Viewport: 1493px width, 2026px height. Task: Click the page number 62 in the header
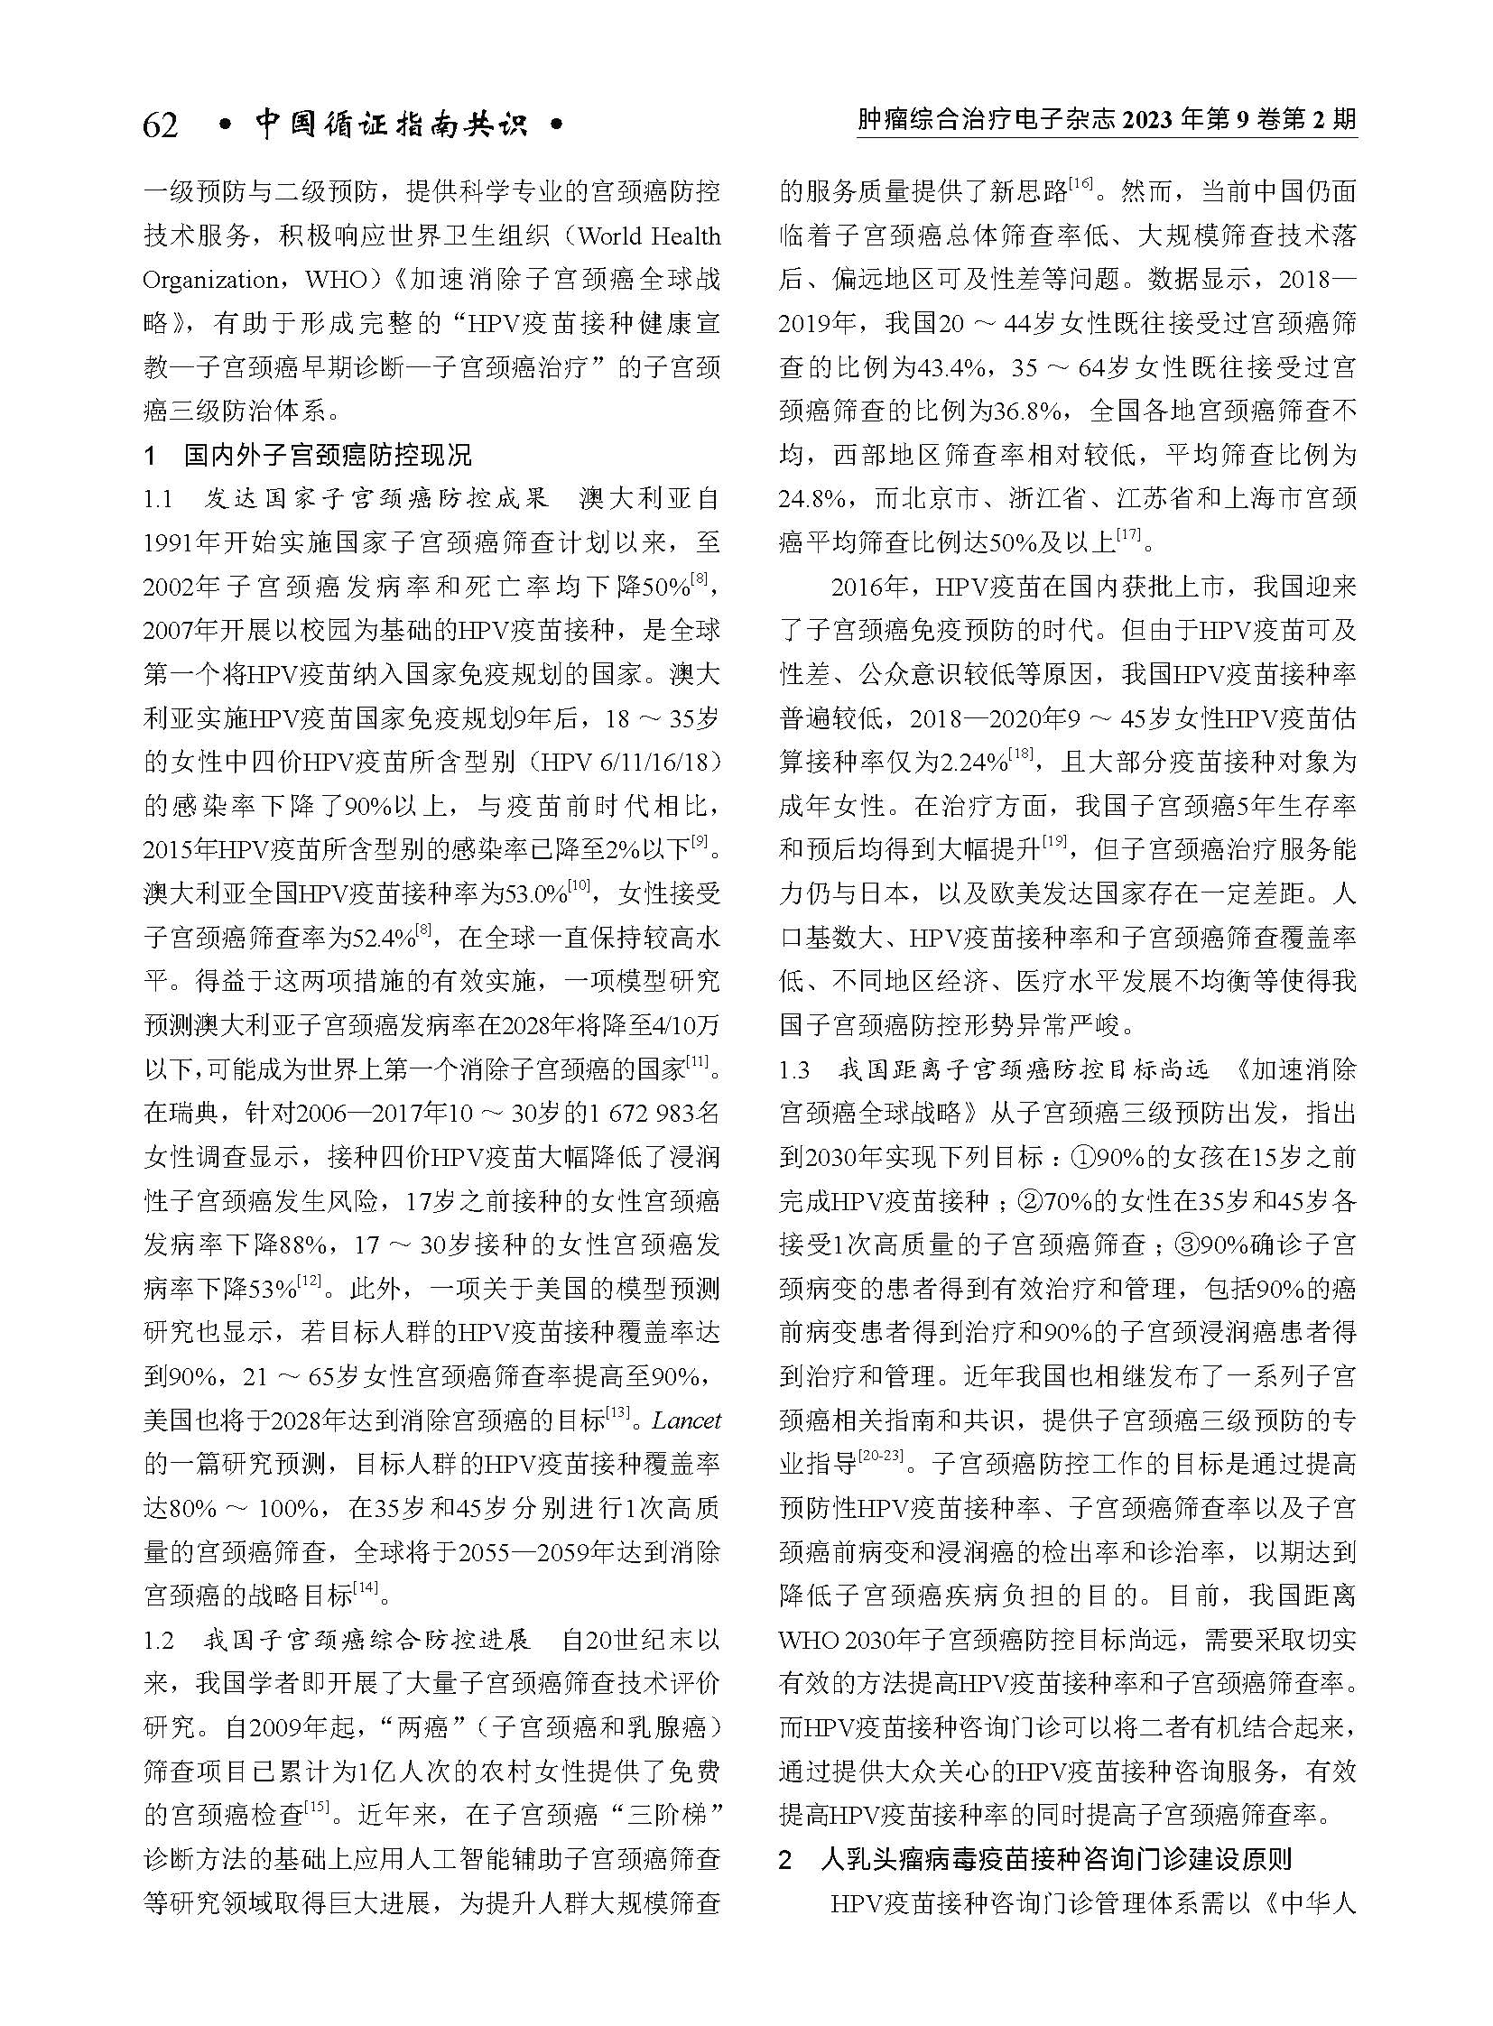click(161, 124)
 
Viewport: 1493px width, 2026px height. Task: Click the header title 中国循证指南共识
click(391, 124)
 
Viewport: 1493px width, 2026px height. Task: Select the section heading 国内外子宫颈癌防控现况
click(328, 455)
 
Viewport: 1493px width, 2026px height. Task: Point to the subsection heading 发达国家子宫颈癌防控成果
click(376, 499)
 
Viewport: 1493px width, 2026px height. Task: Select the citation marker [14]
click(366, 1587)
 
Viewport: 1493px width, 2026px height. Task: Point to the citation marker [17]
click(1129, 536)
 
